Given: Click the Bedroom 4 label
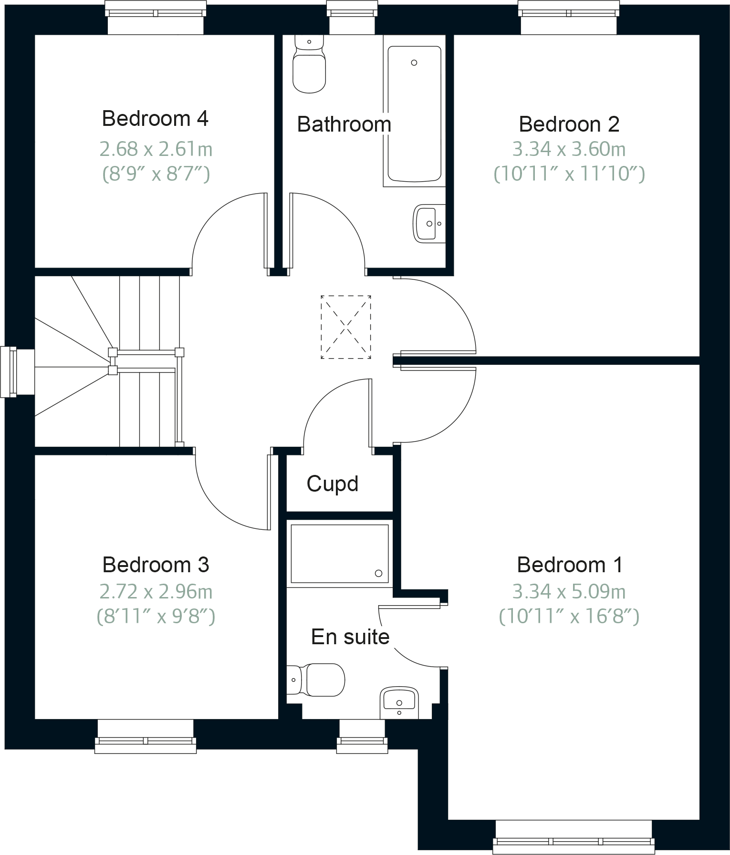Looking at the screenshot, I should click(x=155, y=119).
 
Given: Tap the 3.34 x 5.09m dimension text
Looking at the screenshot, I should click(x=569, y=592).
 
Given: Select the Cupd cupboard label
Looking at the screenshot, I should click(x=333, y=484).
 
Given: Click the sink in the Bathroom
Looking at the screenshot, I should click(x=428, y=223).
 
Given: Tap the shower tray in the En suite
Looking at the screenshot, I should click(x=339, y=554).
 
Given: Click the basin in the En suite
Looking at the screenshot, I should click(x=399, y=702).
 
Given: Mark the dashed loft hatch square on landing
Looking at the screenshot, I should click(x=346, y=327).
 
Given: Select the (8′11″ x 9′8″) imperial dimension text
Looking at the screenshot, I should click(x=156, y=617).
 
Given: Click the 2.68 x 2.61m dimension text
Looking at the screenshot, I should click(x=156, y=150).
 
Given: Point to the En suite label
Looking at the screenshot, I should click(x=350, y=637).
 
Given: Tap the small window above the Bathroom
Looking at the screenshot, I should click(x=352, y=18).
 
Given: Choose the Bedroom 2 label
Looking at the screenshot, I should click(x=569, y=124).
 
